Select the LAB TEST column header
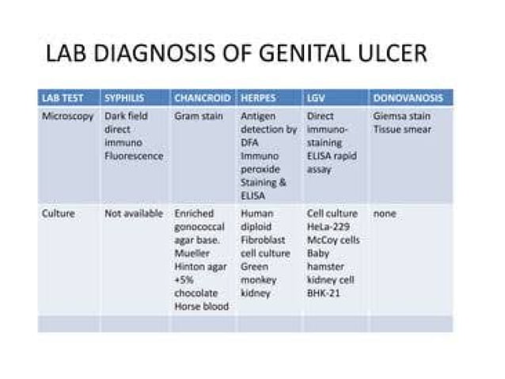(x=61, y=98)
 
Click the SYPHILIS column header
(x=124, y=98)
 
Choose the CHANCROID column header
(x=202, y=98)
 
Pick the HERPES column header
(x=259, y=98)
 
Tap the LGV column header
(x=315, y=98)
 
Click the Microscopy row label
(x=67, y=116)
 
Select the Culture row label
(x=58, y=213)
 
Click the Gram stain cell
(x=199, y=116)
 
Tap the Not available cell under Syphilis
(x=134, y=213)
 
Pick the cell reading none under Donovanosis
(x=385, y=213)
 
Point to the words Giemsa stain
(x=401, y=116)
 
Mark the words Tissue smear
(x=402, y=129)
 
